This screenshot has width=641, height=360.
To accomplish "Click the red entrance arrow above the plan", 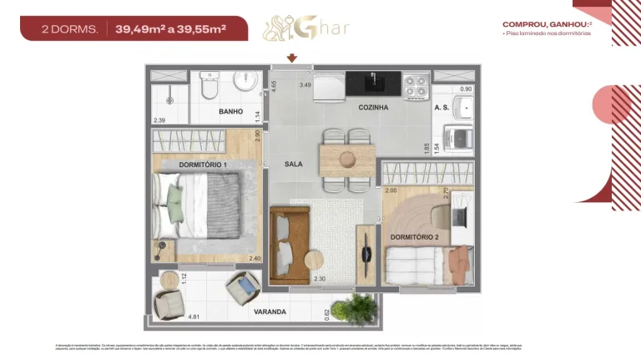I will [x=292, y=58].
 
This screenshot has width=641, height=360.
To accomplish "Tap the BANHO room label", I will [x=230, y=111].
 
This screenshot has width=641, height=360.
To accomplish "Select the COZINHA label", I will [x=373, y=108].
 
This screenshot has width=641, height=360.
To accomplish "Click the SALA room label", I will [x=293, y=165].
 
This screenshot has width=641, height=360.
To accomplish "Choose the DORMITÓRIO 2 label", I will [x=415, y=238].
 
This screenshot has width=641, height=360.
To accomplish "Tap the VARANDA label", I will [x=270, y=312].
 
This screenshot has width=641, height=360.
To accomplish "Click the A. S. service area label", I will [x=442, y=108].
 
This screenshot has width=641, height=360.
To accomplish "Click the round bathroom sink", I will [x=245, y=81].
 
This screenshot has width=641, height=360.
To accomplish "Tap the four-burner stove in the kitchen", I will [x=415, y=84].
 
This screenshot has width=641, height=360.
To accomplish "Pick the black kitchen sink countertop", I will [x=372, y=83].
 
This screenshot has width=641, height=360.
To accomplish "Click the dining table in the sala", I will [x=347, y=158].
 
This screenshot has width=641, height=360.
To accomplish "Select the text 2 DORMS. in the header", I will [x=70, y=29].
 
